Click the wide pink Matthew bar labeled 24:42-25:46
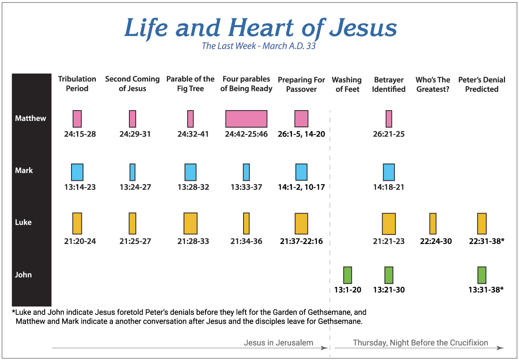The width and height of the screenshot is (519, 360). coord(246,119)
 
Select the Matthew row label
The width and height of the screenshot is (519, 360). coord(30,119)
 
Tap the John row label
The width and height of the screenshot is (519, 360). coord(23,275)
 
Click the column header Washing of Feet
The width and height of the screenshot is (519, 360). coord(347,85)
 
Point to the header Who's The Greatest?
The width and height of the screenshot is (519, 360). coord(433,85)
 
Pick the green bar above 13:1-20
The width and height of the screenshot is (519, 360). coord(347,275)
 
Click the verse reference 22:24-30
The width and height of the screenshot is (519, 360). coord(436,241)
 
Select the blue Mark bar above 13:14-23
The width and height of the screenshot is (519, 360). coord(77,172)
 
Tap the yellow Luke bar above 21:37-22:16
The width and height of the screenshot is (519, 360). coord(301,224)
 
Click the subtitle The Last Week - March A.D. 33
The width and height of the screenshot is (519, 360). coord(259,46)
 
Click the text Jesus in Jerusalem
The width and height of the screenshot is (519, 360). coord(278,343)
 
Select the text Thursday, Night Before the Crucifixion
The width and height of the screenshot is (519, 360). coord(420,343)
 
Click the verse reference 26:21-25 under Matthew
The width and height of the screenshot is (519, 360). coord(388,134)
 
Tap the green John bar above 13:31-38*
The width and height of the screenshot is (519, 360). coord(482,275)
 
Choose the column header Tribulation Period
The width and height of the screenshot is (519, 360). coord(77,84)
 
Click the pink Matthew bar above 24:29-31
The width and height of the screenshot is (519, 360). coord(133,119)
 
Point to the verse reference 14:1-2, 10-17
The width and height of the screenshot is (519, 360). coord(301,187)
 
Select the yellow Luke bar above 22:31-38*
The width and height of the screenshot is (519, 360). coord(482,224)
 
